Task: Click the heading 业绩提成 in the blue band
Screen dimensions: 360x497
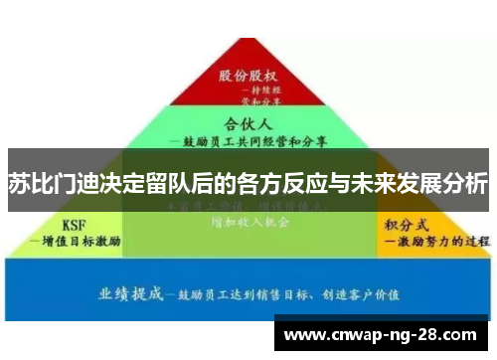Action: click(x=130, y=293)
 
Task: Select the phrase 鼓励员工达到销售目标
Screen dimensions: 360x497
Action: click(x=240, y=295)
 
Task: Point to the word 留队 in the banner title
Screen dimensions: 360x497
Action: click(x=177, y=184)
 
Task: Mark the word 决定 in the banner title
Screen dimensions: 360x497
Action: click(x=128, y=184)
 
